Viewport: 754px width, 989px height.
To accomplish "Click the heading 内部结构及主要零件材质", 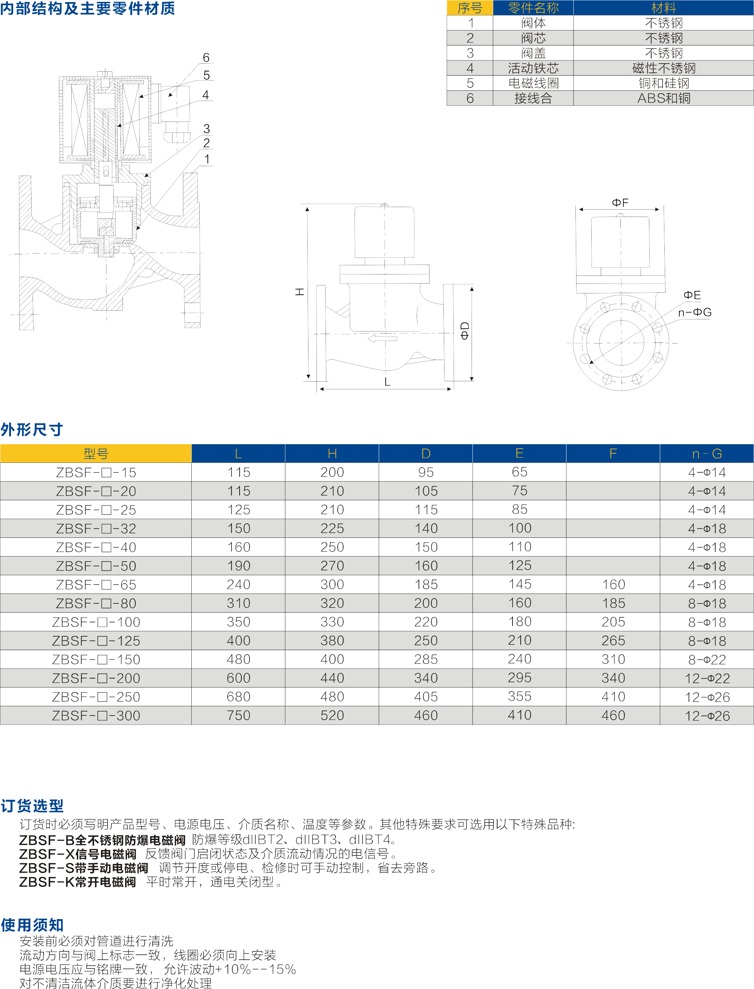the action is [87, 8].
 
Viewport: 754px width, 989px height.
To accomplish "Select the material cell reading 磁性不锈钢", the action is [663, 68].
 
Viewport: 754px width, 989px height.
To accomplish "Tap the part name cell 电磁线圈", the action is [533, 83].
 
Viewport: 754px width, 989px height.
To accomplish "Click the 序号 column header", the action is [470, 8].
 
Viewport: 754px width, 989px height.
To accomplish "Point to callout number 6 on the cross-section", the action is [206, 57].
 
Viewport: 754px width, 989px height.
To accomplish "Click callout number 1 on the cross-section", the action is [207, 159].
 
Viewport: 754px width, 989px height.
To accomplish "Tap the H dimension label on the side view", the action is [299, 292].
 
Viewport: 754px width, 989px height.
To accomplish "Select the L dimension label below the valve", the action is [387, 382].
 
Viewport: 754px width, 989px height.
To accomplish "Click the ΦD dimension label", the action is [465, 330].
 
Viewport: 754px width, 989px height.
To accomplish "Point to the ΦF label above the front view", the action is [620, 202].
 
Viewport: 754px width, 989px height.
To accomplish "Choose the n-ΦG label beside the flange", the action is [695, 312].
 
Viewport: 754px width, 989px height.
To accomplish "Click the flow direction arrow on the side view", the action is [382, 338].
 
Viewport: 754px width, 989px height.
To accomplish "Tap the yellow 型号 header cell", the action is [95, 453].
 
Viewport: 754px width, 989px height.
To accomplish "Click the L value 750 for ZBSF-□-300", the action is [238, 716].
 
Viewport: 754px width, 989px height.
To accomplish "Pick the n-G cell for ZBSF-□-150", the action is [707, 659].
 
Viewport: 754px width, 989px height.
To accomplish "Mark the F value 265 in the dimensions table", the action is [613, 641].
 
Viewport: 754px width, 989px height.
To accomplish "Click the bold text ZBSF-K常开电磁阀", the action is [77, 882].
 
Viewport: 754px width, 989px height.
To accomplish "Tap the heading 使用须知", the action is [32, 925].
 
